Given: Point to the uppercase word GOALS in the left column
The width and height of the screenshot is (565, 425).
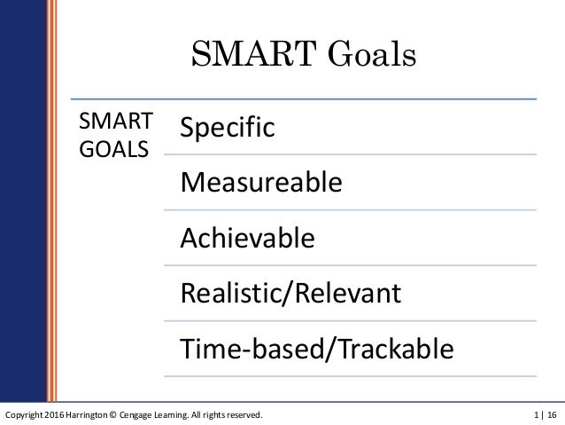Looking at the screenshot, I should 114,146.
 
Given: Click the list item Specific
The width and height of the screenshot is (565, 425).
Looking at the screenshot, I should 228,129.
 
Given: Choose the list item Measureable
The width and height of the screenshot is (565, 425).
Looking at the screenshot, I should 260,184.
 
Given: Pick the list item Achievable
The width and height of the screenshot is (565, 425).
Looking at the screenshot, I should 247,238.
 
